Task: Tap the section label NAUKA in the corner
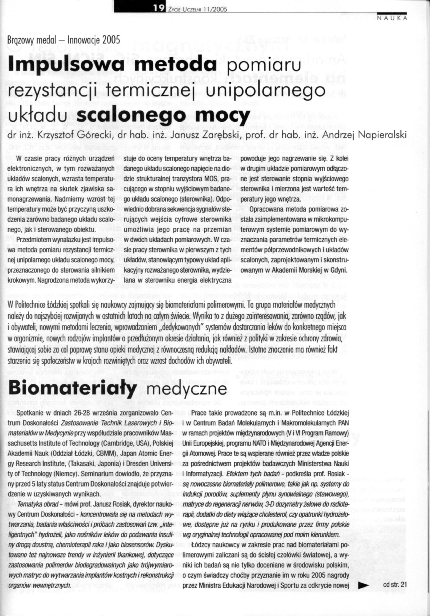tap(392, 18)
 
